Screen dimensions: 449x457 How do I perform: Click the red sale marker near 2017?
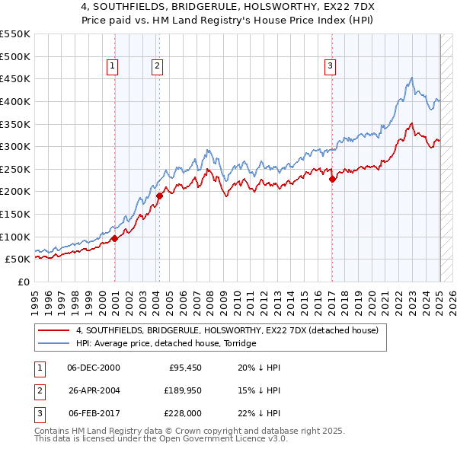(x=332, y=180)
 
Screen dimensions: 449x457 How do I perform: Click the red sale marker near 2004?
(x=160, y=196)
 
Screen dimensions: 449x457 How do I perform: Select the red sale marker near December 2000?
(x=114, y=238)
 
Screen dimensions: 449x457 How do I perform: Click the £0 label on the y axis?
(x=23, y=282)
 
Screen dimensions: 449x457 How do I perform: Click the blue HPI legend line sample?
(x=54, y=343)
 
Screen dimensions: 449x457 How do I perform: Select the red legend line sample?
(x=54, y=330)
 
